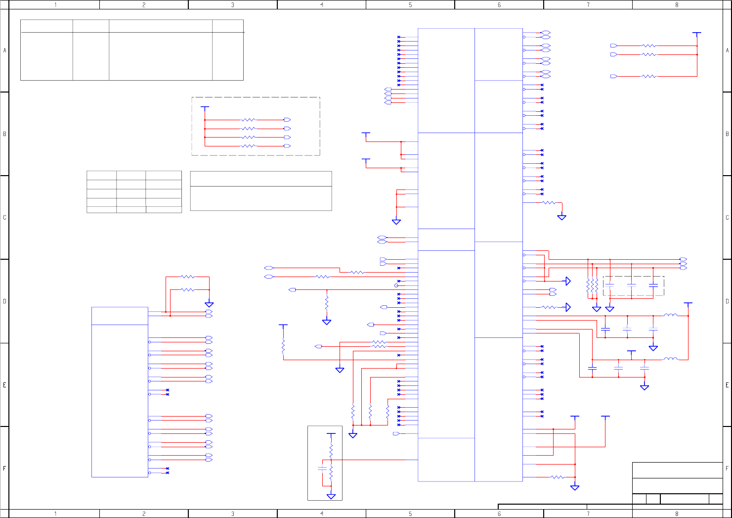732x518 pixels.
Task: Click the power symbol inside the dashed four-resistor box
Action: (x=205, y=107)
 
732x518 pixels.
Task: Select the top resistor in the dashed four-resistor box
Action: (x=248, y=120)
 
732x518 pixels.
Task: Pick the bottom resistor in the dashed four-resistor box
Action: (x=248, y=146)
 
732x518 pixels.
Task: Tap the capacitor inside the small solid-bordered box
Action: (x=322, y=468)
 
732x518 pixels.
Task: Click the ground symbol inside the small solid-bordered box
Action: (x=331, y=496)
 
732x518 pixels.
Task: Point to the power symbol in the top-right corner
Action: (x=697, y=34)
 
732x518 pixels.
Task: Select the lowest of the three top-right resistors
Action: (x=649, y=76)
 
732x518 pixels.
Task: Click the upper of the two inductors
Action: (x=670, y=315)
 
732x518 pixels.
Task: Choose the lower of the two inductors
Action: (x=670, y=359)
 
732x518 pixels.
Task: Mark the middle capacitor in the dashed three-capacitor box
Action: (x=631, y=285)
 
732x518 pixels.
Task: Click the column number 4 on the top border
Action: (x=322, y=4)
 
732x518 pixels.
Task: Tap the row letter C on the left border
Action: (x=4, y=218)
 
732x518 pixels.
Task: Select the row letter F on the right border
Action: (x=727, y=468)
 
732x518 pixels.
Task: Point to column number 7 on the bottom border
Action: (x=588, y=514)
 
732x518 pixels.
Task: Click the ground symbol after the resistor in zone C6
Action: (x=561, y=217)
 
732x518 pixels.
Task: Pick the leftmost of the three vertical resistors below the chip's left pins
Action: (x=353, y=412)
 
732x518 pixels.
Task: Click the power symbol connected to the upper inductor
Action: (x=688, y=304)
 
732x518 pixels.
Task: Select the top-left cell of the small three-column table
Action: (x=101, y=175)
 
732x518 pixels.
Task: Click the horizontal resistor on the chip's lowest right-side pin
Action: (x=557, y=477)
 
